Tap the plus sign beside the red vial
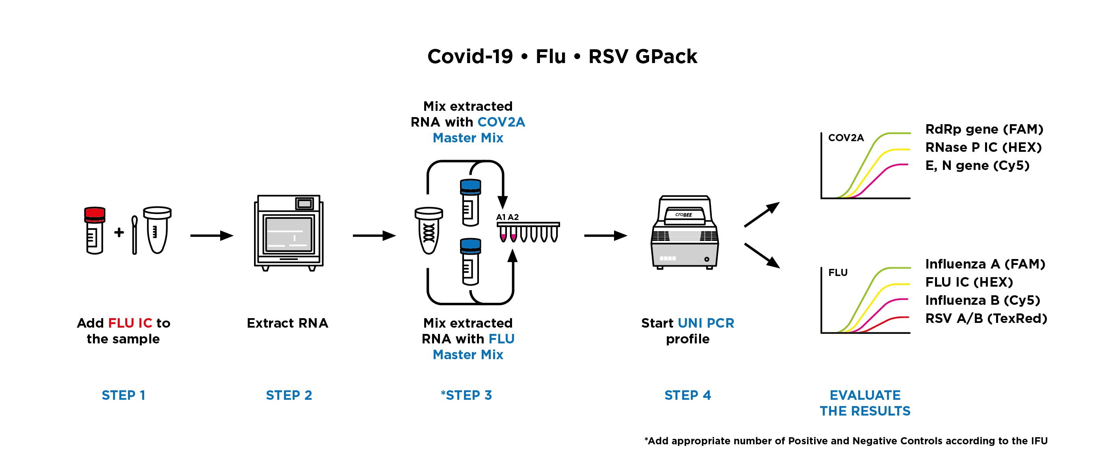(x=119, y=233)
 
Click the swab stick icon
(x=134, y=235)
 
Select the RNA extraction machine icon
(x=288, y=233)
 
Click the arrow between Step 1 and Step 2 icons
(x=212, y=236)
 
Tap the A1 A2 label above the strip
(x=507, y=217)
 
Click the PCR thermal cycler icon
(x=685, y=233)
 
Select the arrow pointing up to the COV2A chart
(x=761, y=214)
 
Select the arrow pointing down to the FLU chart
(x=762, y=255)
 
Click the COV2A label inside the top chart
(x=846, y=138)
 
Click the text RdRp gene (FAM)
(x=984, y=129)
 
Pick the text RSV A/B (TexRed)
(x=985, y=319)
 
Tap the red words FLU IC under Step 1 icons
(x=130, y=323)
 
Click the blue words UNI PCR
(x=705, y=323)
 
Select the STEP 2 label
(x=289, y=395)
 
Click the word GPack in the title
(x=666, y=56)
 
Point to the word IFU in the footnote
(x=1039, y=441)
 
